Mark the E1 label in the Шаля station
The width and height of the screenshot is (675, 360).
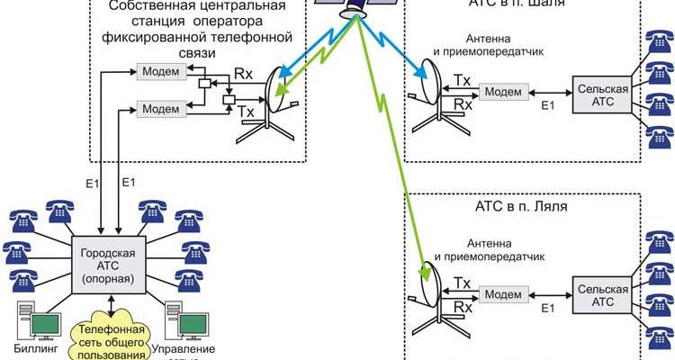pos(546,106)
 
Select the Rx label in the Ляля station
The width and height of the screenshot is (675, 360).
pos(463,307)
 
